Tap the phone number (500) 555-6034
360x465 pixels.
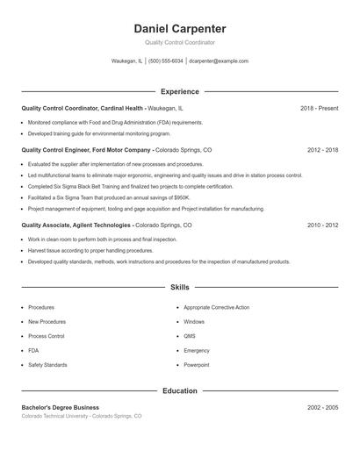(x=165, y=61)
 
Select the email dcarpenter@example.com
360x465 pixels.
(x=220, y=61)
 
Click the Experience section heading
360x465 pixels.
(x=179, y=91)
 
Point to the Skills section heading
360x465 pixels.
(x=179, y=287)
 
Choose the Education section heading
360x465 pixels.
(x=179, y=390)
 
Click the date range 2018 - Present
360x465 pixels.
(x=319, y=108)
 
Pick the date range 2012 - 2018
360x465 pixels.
(x=322, y=150)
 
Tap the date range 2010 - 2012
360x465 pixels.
(x=322, y=225)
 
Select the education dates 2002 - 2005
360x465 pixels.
(x=322, y=408)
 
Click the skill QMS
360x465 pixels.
(x=190, y=336)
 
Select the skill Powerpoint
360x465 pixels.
(x=197, y=364)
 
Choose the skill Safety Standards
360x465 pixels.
(x=47, y=364)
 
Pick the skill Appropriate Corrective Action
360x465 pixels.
(x=217, y=308)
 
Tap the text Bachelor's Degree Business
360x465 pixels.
(x=61, y=408)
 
